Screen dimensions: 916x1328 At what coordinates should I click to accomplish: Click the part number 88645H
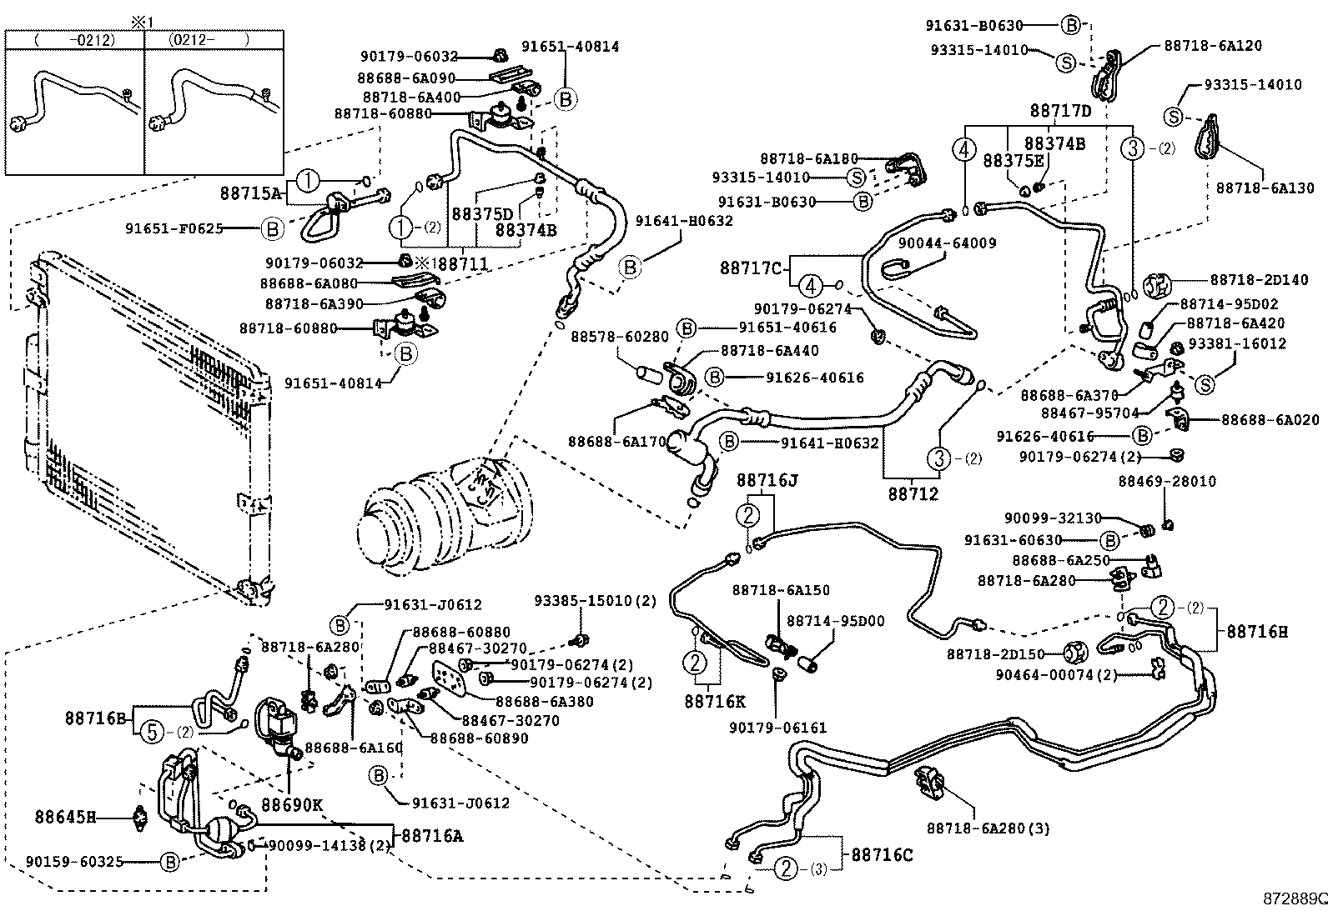pyautogui.click(x=65, y=817)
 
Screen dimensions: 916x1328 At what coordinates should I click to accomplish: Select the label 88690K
pyautogui.click(x=291, y=805)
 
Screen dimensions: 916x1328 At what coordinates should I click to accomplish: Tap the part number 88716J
pyautogui.click(x=767, y=480)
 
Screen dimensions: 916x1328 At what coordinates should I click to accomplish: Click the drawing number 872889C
pyautogui.click(x=1294, y=899)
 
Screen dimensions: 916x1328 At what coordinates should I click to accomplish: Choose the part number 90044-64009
pyautogui.click(x=947, y=243)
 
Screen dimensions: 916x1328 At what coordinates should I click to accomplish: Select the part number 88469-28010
pyautogui.click(x=1167, y=482)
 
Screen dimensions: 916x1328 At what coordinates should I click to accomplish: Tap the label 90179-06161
pyautogui.click(x=777, y=728)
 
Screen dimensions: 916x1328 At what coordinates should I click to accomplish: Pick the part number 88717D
pyautogui.click(x=1060, y=111)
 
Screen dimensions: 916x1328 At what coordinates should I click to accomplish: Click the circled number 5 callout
pyautogui.click(x=152, y=731)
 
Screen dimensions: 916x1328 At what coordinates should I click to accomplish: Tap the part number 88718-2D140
pyautogui.click(x=1259, y=280)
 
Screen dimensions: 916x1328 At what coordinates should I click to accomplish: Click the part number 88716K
pyautogui.click(x=714, y=702)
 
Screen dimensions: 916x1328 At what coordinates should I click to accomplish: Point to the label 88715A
pyautogui.click(x=251, y=192)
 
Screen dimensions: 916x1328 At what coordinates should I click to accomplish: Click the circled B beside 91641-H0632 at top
pyautogui.click(x=631, y=268)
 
